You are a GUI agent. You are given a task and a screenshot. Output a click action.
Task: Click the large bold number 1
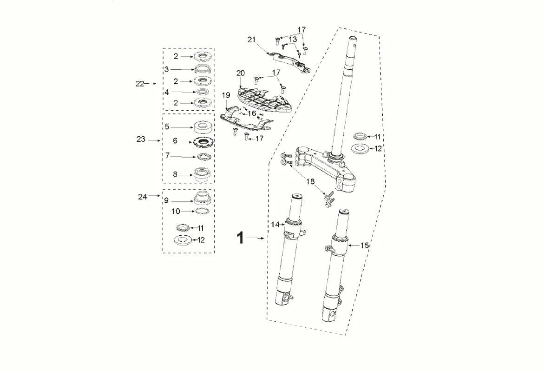point(240,238)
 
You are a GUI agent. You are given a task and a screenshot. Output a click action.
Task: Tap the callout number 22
point(140,84)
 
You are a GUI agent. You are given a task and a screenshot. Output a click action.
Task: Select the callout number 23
point(140,139)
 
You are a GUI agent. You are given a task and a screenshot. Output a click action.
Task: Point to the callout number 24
point(142,197)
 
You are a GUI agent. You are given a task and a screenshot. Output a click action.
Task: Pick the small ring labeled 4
point(202,92)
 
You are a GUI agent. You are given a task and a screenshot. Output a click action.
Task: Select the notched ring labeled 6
point(203,142)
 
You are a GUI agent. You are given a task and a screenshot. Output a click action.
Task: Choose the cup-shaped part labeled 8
point(203,174)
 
